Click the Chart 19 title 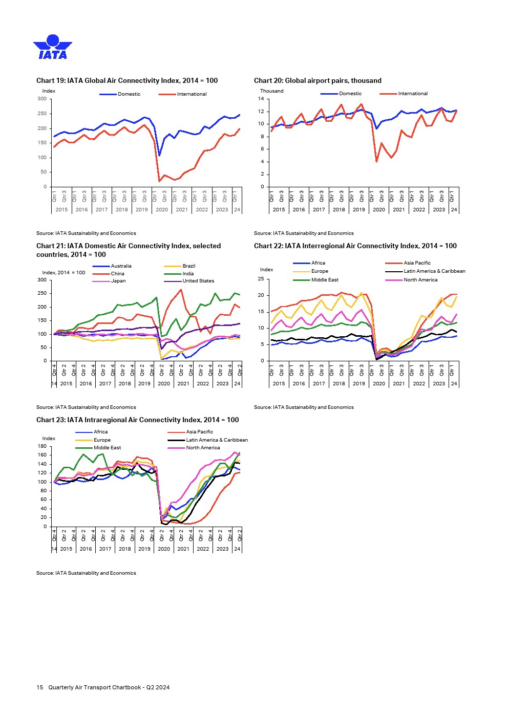(x=127, y=80)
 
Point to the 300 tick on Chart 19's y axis (x=42, y=99)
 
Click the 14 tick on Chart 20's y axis (x=261, y=99)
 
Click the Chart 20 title (x=317, y=80)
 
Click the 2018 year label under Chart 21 (x=124, y=383)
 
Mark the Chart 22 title (x=355, y=246)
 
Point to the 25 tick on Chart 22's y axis (x=261, y=279)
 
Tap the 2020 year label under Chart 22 (x=379, y=383)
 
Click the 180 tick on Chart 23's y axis (x=42, y=446)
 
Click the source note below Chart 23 (x=86, y=573)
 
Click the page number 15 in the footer (x=39, y=687)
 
